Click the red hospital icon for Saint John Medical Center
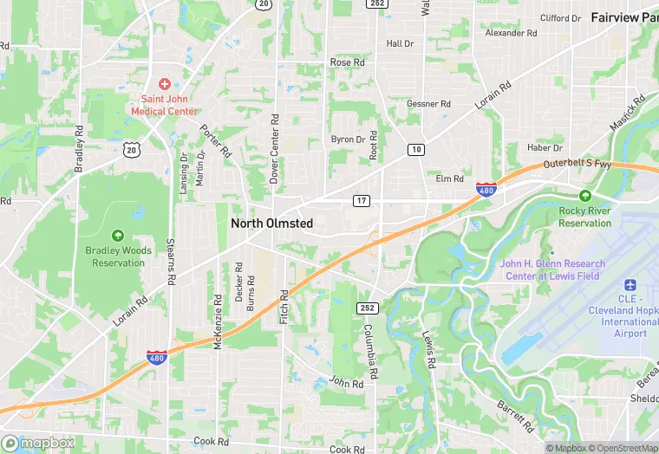(x=164, y=84)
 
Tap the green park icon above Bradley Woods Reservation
(x=118, y=235)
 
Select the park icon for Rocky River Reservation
(x=584, y=196)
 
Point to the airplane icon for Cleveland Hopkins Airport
(x=630, y=285)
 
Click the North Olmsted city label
(x=271, y=224)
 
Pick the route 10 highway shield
(x=416, y=150)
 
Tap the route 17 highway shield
(x=362, y=200)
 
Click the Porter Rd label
(x=216, y=140)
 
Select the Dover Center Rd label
(x=274, y=148)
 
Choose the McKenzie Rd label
(x=218, y=320)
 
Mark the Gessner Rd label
(x=429, y=104)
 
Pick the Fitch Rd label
(x=284, y=307)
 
